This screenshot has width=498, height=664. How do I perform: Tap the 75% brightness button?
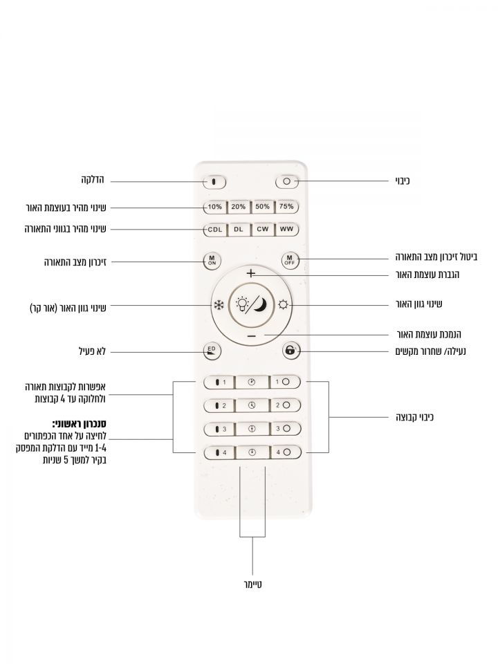[x=286, y=206]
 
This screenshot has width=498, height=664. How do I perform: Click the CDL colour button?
[x=214, y=229]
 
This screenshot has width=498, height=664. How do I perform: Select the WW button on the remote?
[x=286, y=229]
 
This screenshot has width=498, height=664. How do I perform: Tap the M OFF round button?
[x=289, y=260]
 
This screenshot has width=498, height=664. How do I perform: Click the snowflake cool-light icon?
[x=218, y=304]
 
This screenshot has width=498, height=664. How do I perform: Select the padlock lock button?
[x=289, y=350]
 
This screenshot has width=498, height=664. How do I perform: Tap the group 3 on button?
[x=219, y=429]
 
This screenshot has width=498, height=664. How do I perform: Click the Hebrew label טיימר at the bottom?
[x=252, y=585]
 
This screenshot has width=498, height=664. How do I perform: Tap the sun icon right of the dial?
[x=284, y=304]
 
